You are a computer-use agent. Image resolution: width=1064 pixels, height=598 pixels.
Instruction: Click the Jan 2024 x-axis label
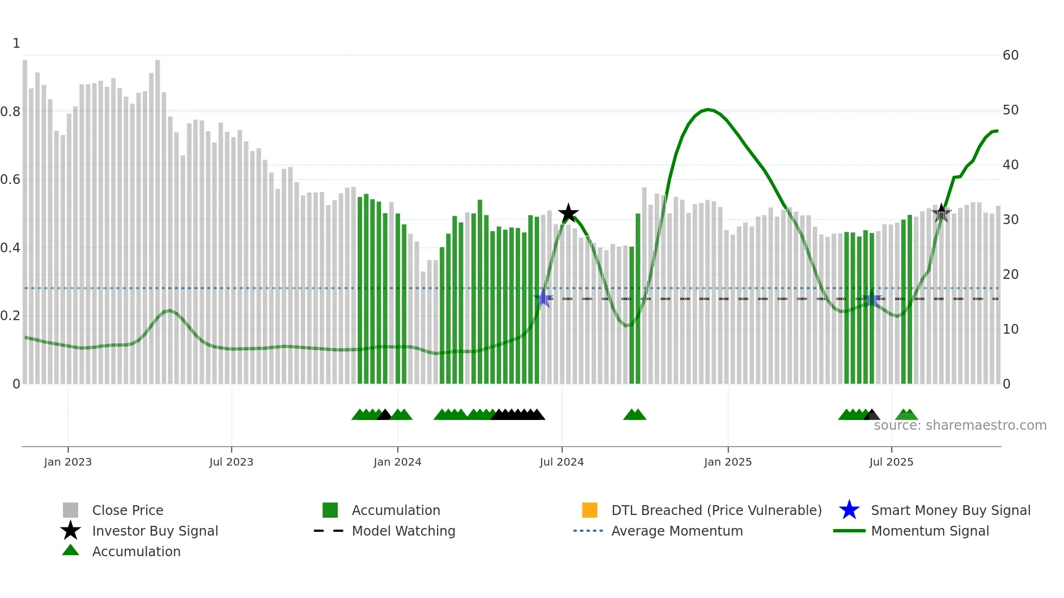397,462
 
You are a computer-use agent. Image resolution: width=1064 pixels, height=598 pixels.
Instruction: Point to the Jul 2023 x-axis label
231,462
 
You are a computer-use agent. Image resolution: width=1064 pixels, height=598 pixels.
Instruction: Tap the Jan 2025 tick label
727,462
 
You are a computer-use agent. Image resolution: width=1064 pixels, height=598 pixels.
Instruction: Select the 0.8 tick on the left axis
11,112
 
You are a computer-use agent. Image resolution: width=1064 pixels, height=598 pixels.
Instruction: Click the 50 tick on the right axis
1010,110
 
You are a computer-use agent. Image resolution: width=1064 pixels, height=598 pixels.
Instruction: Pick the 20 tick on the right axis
1010,275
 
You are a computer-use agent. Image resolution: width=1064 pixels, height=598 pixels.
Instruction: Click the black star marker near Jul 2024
568,213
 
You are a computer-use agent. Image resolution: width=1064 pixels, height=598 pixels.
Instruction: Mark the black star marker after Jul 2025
941,213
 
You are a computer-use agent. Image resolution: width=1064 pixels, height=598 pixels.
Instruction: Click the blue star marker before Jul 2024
543,298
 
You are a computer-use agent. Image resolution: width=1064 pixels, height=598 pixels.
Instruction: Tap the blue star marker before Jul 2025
872,298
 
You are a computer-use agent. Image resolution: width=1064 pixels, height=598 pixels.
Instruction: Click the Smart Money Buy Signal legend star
849,510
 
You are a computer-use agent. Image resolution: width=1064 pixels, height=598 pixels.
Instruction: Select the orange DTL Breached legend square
590,510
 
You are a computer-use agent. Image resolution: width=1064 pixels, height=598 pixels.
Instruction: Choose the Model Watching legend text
403,531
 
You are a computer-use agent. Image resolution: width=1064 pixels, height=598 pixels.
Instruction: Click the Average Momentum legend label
677,531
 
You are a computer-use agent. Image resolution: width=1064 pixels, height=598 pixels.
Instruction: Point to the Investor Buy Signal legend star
71,531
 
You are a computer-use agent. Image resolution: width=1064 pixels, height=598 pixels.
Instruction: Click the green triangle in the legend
71,550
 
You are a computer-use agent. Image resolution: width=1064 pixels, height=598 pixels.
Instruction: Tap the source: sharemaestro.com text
960,425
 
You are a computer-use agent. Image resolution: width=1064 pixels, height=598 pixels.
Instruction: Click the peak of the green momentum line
707,110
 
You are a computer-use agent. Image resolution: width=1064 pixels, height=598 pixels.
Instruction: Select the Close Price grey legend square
71,510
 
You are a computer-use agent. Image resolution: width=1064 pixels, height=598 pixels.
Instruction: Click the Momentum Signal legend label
930,531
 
